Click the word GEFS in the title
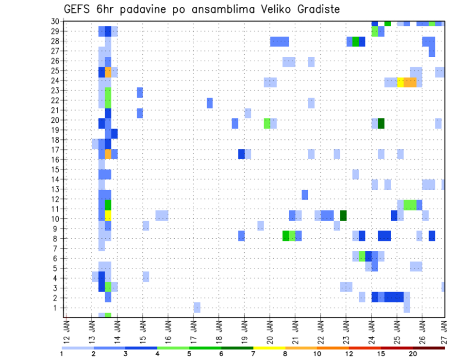point(77,10)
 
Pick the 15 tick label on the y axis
point(57,169)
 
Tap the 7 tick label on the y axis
point(59,248)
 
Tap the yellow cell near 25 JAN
point(400,82)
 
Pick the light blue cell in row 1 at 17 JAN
point(197,307)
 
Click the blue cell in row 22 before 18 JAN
point(210,103)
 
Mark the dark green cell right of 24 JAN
point(381,123)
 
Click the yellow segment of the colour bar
point(269,348)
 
